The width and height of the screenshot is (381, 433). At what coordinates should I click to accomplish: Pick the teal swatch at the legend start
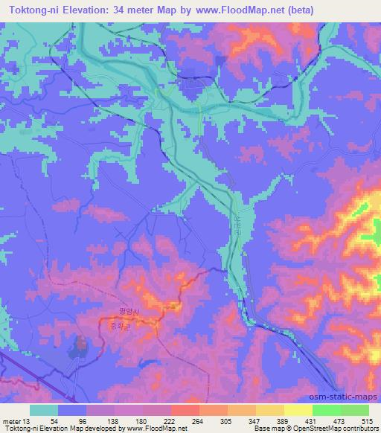[x=44, y=410]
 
